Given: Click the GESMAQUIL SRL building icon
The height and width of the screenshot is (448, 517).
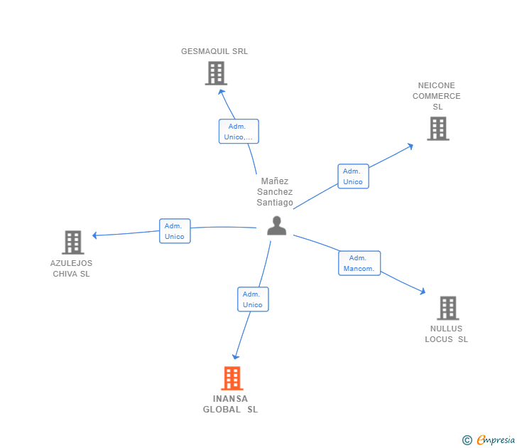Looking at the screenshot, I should [216, 73].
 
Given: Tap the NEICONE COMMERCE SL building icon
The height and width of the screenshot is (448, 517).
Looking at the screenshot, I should [438, 129].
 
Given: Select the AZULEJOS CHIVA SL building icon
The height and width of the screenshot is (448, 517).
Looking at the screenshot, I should [72, 242].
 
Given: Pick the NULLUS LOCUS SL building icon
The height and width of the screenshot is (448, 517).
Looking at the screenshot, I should [447, 308].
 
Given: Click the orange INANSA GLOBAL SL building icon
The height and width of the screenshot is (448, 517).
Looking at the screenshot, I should [232, 378].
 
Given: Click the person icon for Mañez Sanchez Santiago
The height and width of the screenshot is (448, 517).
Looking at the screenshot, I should [276, 225].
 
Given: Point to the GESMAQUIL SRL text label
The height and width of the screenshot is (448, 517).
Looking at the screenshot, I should [214, 51].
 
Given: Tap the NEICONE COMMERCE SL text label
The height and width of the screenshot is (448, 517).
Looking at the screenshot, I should [437, 96].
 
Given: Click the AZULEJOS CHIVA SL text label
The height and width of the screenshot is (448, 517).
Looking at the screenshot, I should [71, 268].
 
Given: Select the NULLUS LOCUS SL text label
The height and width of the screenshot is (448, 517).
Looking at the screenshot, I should [447, 334].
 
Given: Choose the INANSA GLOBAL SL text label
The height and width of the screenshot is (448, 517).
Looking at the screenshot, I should [231, 404].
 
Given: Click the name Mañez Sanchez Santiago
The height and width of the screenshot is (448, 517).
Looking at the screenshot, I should [275, 192].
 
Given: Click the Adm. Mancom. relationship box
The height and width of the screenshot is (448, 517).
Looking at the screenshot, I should [359, 263].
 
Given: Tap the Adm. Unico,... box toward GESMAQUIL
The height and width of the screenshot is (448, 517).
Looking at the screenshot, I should [239, 132].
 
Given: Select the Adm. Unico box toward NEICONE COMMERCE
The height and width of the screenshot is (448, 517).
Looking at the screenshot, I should [353, 176].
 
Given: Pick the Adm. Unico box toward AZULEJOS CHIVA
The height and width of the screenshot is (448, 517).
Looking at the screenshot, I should [175, 231].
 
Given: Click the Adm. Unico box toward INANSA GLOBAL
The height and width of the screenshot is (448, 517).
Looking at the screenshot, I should [253, 299].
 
